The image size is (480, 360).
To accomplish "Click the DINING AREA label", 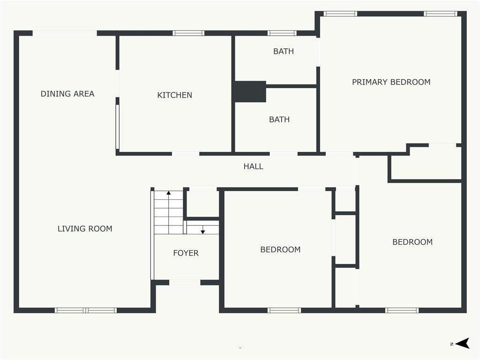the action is pos(67,94).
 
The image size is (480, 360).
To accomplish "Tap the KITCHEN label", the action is pos(174,95).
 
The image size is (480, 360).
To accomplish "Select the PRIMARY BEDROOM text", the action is pos(391,82).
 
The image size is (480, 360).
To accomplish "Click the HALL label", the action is pos(253,166).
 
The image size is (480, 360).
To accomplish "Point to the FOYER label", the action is pos(186,253).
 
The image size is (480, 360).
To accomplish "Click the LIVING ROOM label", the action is pos(85,229).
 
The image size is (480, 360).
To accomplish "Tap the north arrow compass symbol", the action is pos(463,343).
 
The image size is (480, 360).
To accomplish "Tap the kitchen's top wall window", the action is pos(188,33).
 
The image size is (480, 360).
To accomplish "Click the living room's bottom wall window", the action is pos(86,310).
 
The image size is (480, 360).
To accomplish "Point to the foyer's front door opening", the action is pos(185,283).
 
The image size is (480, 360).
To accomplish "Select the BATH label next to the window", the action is pos(284,52).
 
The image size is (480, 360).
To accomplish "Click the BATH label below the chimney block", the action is pos(279,120).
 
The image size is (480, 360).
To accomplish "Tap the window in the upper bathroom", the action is pos(282,33).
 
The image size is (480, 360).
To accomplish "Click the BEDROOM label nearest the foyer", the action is pos(280,249).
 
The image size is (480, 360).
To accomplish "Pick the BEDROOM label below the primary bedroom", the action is pos(412,242).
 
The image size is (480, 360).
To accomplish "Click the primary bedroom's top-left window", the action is pos(340,14).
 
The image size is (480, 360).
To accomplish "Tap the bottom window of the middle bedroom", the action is pos(284,310).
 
